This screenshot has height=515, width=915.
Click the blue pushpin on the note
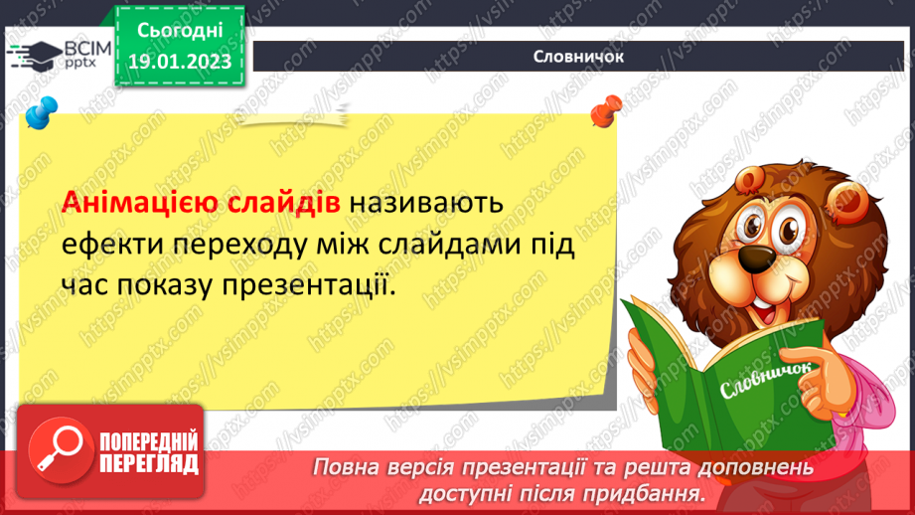(x=41, y=111)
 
